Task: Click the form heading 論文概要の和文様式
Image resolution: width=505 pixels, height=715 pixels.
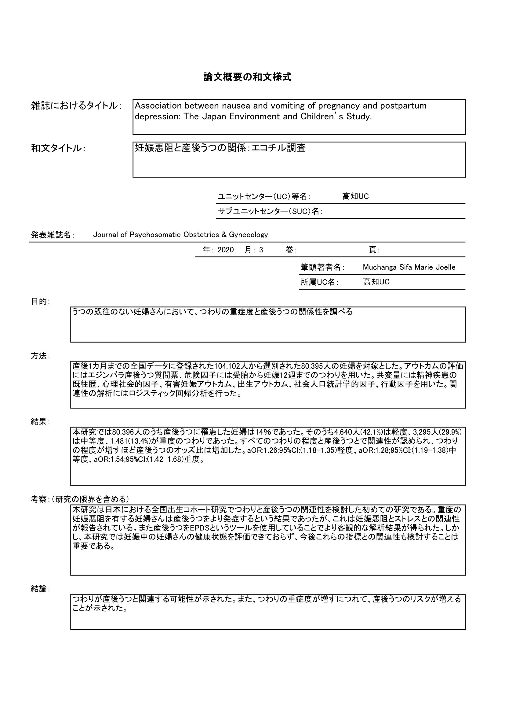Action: click(x=247, y=77)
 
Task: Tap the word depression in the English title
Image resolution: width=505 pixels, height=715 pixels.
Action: click(x=157, y=117)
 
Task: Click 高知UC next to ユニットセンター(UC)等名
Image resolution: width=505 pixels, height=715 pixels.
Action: click(x=355, y=197)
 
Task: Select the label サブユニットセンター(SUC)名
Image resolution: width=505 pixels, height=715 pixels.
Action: click(x=270, y=211)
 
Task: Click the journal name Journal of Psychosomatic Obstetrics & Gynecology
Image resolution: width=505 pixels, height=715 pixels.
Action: click(x=180, y=235)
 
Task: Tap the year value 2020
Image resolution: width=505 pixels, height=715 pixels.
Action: click(x=225, y=250)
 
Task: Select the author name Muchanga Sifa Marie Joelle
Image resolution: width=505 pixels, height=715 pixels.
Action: click(x=409, y=267)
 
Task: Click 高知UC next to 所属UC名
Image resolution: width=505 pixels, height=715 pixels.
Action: click(x=376, y=282)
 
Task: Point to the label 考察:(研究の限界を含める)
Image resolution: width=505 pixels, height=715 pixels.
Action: click(x=80, y=499)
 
